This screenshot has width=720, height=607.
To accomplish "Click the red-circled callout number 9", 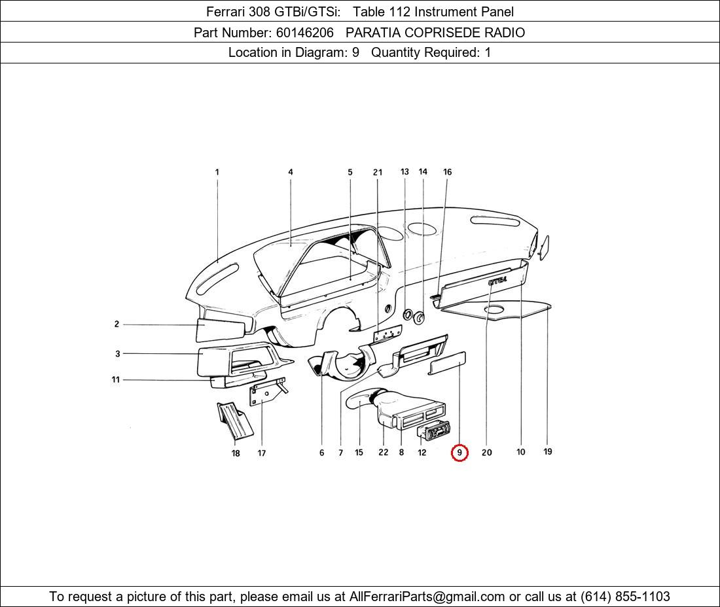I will click(x=459, y=453).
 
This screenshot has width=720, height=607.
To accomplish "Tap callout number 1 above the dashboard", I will click(x=217, y=173).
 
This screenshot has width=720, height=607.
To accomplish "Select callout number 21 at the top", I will click(x=378, y=173).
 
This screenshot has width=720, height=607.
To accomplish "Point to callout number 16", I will click(x=447, y=173).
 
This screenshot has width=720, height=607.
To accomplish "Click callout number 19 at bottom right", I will click(x=548, y=451).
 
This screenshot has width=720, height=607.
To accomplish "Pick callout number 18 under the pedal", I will click(x=236, y=453).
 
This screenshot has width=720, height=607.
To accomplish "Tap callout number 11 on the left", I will click(x=116, y=379).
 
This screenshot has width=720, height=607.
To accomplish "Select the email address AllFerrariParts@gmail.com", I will click(x=427, y=597).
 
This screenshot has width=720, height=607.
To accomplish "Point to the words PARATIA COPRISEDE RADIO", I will click(x=435, y=32).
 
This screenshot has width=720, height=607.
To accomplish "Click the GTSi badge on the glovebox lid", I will click(x=497, y=281).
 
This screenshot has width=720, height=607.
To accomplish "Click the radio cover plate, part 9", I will click(x=447, y=362).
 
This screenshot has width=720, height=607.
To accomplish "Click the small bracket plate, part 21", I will click(x=387, y=334).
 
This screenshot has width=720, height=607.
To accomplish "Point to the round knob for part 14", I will click(x=419, y=319).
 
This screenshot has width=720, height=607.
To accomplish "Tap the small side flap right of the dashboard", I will click(x=543, y=247).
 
